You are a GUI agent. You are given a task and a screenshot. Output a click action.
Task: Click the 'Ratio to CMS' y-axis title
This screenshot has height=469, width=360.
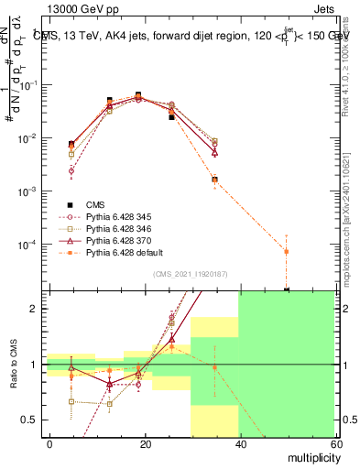click(x=13, y=365)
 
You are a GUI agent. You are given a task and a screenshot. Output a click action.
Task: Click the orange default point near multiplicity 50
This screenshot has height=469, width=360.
click(x=287, y=251)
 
